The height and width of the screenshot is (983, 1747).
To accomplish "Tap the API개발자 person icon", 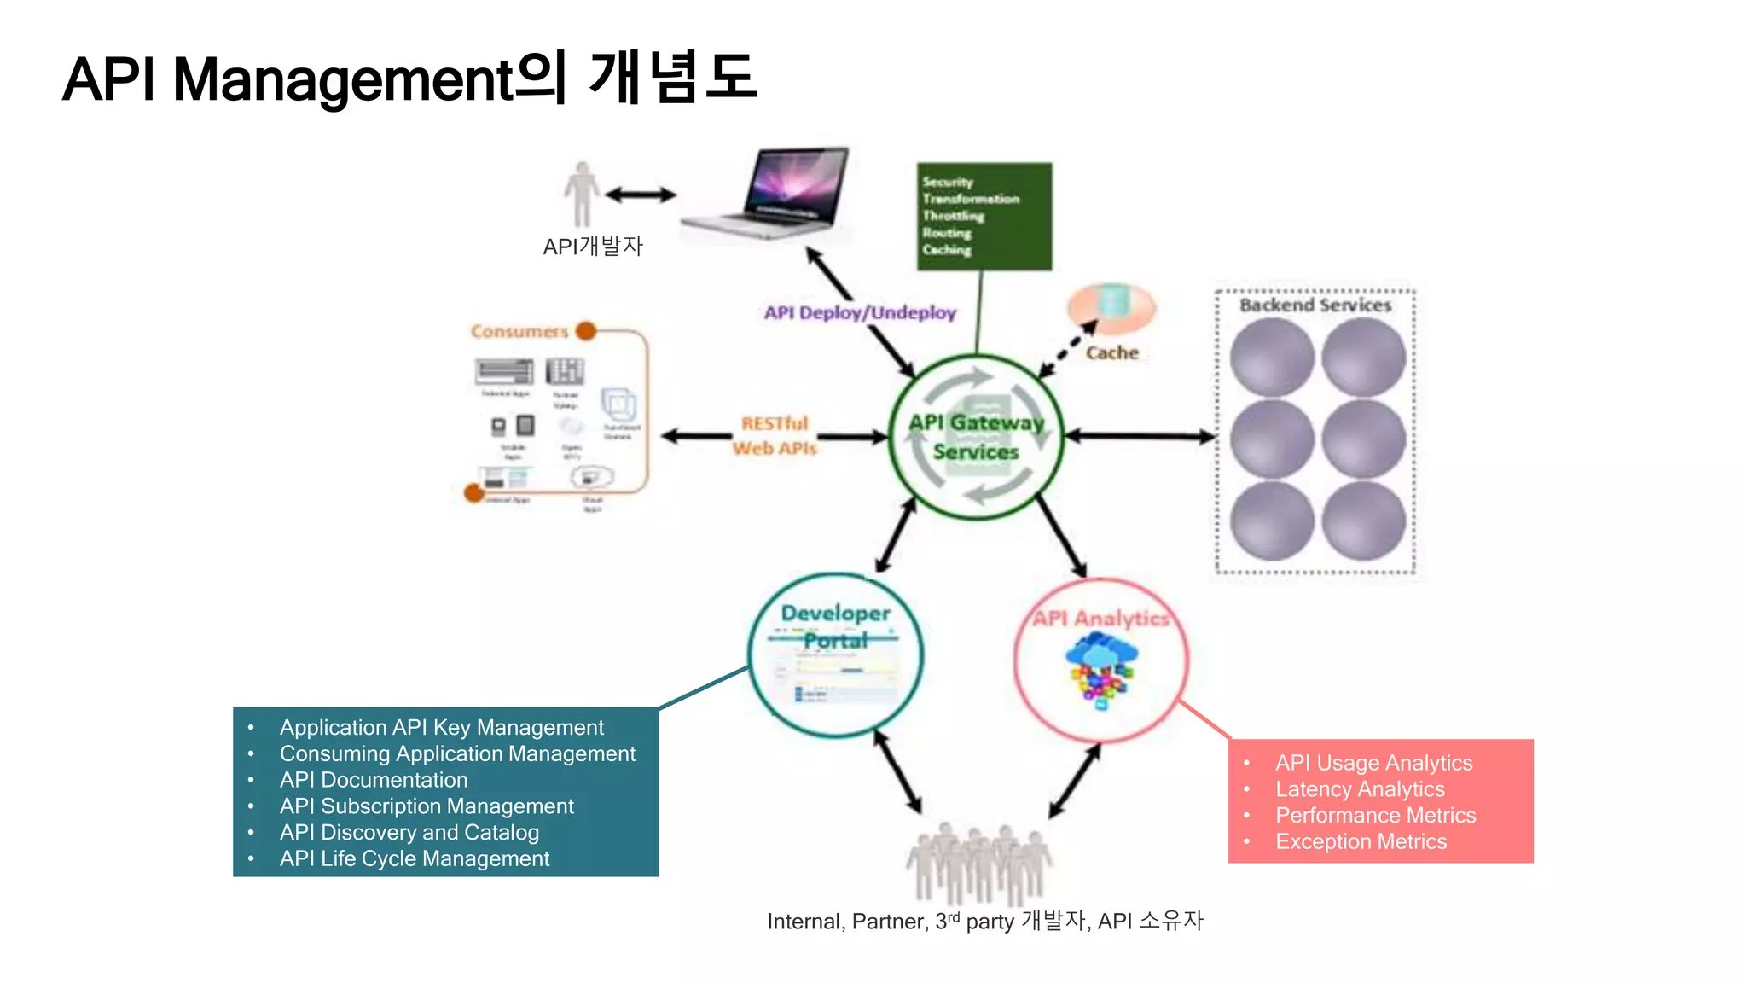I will point(582,194).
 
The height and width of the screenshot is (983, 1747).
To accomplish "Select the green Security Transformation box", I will point(984,216).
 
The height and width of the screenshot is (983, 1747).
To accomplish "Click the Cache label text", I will point(1111,352).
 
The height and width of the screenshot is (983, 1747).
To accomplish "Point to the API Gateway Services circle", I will point(976,436).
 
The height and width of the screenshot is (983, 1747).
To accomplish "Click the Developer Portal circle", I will point(835,654).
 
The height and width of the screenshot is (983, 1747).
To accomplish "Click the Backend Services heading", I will point(1315,305).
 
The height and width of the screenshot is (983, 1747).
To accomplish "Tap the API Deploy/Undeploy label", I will point(859,312).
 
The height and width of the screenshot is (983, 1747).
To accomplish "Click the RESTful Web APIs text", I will point(774,435).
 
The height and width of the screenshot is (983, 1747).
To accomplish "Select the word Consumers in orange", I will point(519,331).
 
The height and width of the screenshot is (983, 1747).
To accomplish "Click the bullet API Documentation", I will point(373,780).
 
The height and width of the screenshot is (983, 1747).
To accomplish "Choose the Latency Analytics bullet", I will point(1359,789).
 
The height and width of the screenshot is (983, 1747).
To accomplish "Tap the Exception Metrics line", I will point(1361,841).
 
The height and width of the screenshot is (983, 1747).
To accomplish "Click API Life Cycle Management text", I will point(414,858).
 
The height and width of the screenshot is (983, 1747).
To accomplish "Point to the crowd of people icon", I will point(979,862).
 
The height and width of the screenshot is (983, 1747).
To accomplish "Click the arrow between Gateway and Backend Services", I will point(1139,436).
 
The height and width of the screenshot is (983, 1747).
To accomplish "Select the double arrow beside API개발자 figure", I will point(641,195).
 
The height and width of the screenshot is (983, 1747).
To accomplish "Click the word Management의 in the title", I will point(369,79).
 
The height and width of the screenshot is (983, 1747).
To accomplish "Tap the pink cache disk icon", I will point(1111,307).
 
